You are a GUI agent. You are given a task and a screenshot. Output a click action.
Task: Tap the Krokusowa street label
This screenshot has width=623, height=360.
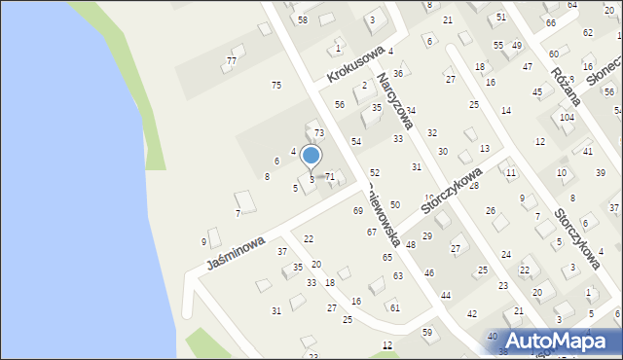tap(352, 61)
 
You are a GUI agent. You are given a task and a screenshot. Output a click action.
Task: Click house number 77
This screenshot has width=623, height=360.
tap(231, 60)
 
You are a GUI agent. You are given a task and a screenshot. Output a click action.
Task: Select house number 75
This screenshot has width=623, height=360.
tap(276, 86)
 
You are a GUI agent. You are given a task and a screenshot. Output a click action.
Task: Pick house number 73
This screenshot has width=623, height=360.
tap(318, 131)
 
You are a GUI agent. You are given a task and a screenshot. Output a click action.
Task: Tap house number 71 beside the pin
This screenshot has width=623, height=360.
tap(330, 176)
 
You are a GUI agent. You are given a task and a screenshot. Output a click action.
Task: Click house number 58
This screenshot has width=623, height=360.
tap(303, 19)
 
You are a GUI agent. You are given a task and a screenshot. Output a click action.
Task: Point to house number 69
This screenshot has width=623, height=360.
tap(358, 210)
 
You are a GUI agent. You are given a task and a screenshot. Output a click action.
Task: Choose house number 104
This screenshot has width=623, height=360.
tap(567, 117)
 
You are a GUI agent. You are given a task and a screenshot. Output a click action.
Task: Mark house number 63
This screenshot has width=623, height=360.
tap(398, 276)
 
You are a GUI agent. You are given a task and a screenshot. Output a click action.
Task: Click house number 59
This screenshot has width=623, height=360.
tap(426, 333)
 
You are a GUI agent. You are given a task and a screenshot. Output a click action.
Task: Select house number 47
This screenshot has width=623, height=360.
tap(527, 66)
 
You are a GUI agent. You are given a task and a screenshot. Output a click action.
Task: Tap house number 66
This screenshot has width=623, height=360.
tap(551, 22)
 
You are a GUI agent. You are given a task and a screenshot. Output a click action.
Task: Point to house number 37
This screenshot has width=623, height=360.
tap(282, 251)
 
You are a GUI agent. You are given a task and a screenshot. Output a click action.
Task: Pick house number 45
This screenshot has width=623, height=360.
tap(537, 91)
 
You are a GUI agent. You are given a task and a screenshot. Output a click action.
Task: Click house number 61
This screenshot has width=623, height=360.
tap(394, 306)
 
